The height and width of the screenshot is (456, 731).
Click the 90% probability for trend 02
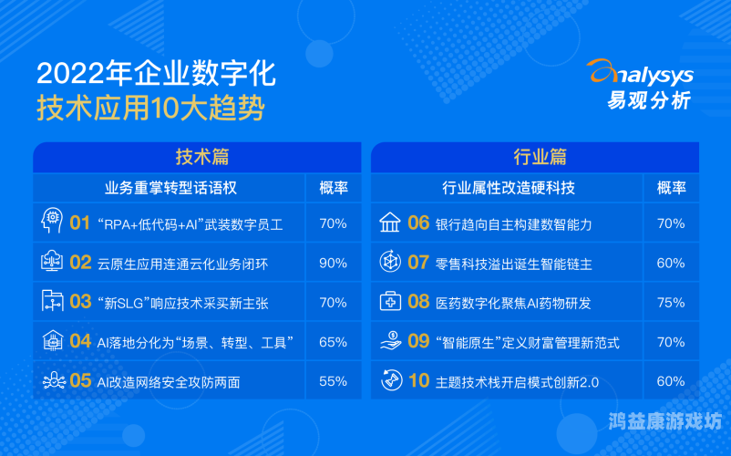[x=333, y=263]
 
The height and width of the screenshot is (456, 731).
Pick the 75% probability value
[x=671, y=302]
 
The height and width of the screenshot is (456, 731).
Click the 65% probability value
[x=333, y=342]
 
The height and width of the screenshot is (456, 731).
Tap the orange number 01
[x=80, y=223]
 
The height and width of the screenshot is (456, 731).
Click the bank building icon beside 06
[x=389, y=223]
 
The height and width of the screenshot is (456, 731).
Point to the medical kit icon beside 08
[x=389, y=302]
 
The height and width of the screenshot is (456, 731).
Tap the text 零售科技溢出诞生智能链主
[x=513, y=264]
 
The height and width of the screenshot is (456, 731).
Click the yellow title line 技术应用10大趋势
[x=150, y=110]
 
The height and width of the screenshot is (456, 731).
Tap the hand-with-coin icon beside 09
[x=389, y=342]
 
